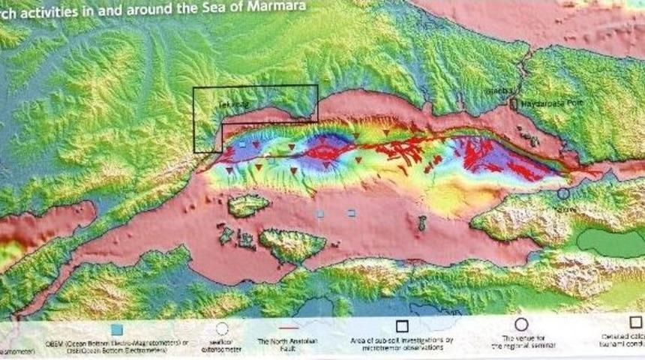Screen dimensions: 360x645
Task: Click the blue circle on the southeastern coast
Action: (x=563, y=193)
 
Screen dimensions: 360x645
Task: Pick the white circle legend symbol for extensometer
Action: (x=221, y=328)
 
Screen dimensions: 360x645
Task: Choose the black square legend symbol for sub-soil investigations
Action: (x=402, y=326)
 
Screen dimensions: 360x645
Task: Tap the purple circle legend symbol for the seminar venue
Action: (x=521, y=325)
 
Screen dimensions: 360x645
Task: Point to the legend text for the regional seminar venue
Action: (x=522, y=343)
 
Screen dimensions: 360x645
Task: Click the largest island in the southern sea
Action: (x=292, y=244)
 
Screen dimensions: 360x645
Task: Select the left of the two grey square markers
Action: (x=320, y=214)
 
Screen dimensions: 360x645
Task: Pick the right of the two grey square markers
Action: (x=351, y=213)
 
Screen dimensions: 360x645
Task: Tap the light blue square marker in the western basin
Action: (x=241, y=144)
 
